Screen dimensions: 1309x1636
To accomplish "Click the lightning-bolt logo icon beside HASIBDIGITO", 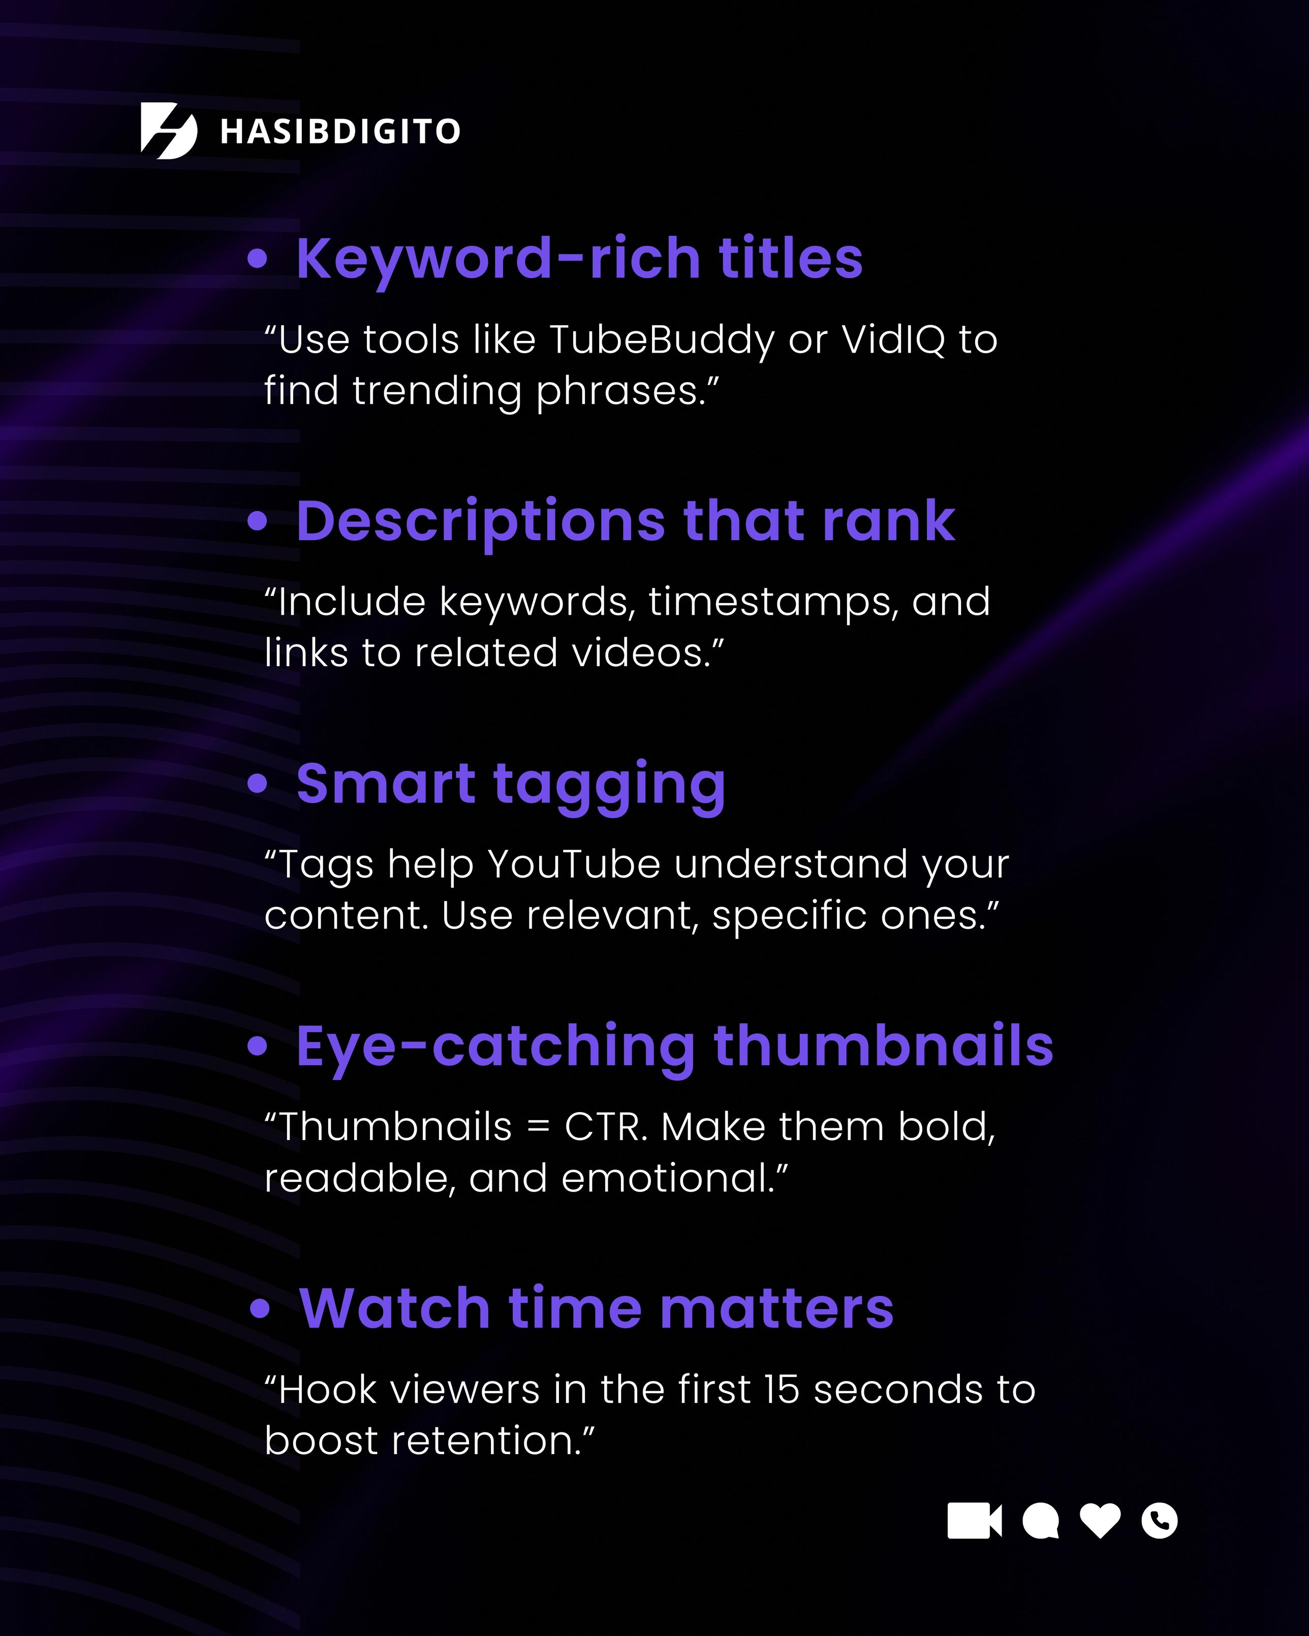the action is tap(169, 131).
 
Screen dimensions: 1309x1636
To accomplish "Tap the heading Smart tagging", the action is tap(511, 784).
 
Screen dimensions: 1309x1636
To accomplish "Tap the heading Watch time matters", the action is tap(597, 1309).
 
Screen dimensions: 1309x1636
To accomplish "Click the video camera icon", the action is tap(974, 1521).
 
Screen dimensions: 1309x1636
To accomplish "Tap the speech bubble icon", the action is tap(1040, 1521).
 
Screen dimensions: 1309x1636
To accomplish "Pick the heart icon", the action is tap(1100, 1521).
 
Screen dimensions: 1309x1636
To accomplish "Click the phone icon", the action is tap(1160, 1521).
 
